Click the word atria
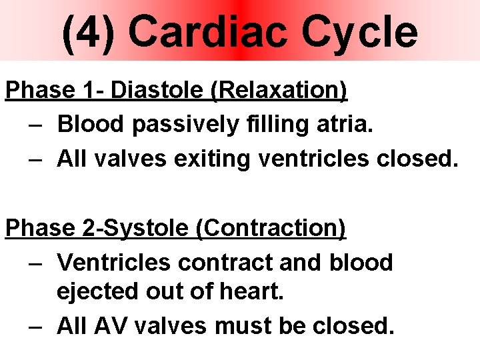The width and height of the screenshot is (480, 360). click(x=344, y=123)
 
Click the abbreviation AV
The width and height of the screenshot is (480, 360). click(x=106, y=327)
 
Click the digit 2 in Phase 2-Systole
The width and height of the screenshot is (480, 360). click(x=89, y=228)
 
